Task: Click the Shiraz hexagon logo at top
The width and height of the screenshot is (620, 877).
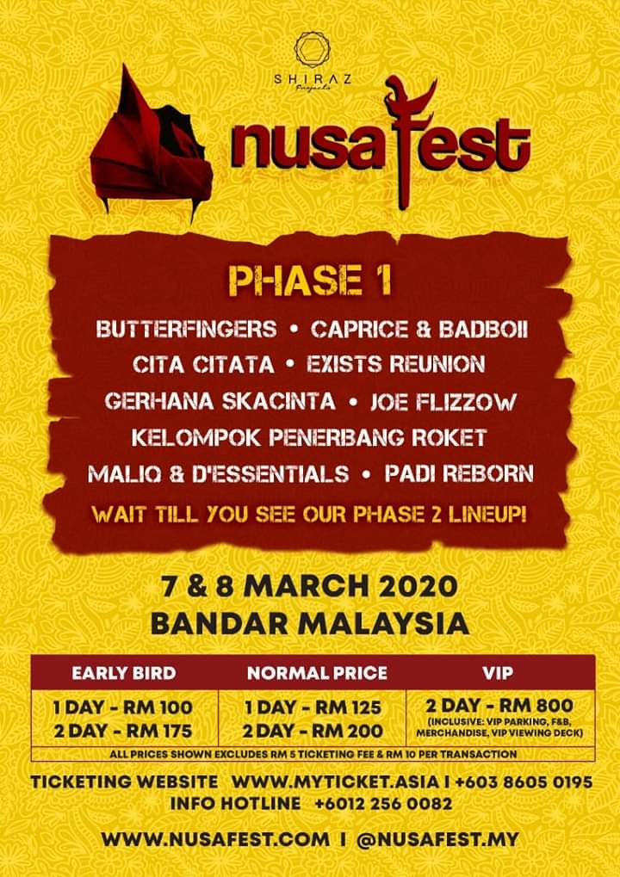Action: (x=313, y=50)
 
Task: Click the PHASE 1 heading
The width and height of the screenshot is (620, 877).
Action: (x=310, y=282)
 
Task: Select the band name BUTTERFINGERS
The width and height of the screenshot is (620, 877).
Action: (x=186, y=329)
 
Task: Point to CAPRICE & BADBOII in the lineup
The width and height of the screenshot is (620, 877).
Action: (x=419, y=329)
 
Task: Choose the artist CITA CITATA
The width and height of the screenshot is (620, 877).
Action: (x=204, y=365)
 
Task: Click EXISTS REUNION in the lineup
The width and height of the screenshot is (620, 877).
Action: (x=396, y=365)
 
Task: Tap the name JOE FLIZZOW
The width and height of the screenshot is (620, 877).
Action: (x=443, y=402)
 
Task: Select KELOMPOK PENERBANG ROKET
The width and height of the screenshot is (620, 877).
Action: (x=309, y=437)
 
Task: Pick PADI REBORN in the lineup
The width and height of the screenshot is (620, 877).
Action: (x=459, y=473)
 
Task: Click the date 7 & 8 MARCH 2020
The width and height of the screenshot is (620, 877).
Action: (x=309, y=588)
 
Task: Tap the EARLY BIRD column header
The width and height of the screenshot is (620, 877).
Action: (x=124, y=673)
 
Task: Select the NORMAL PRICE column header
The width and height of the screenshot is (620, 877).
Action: (x=317, y=673)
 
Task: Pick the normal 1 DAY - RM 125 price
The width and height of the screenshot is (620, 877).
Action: (x=313, y=707)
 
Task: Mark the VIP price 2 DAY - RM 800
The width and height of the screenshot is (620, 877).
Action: (x=499, y=704)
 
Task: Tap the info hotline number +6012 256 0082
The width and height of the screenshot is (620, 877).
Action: (x=383, y=805)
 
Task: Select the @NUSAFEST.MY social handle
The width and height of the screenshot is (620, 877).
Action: (x=437, y=840)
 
